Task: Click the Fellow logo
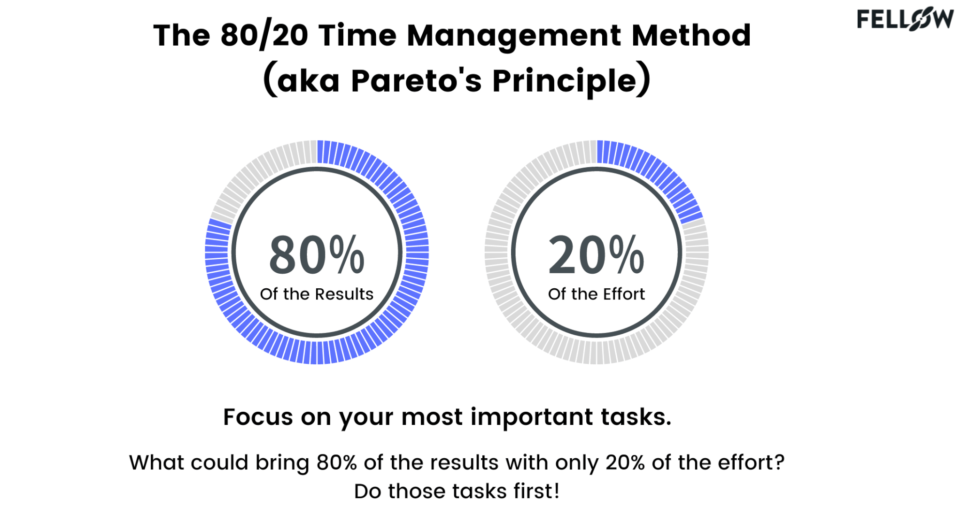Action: [905, 20]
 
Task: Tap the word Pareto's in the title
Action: [416, 81]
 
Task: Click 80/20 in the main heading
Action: [264, 36]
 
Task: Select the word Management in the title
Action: [514, 36]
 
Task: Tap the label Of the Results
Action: [317, 294]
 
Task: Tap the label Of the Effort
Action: [596, 294]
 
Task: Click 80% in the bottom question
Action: [337, 462]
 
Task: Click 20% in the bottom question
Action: [625, 462]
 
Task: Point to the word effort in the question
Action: [751, 462]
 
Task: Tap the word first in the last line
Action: [536, 491]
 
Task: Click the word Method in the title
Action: [691, 36]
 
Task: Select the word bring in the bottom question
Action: [282, 463]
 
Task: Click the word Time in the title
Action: [357, 36]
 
